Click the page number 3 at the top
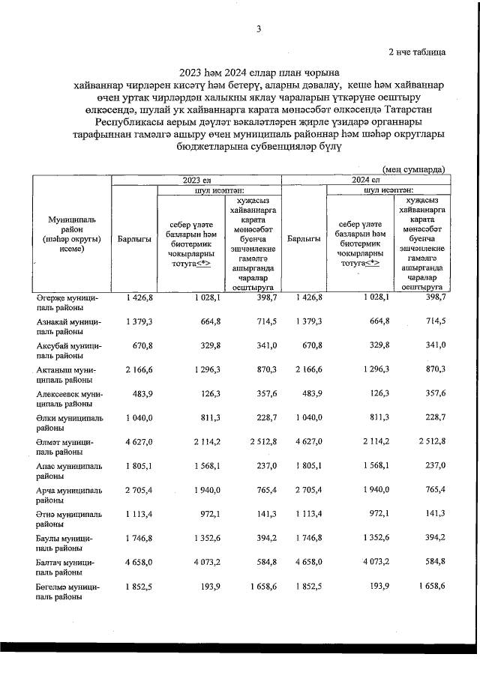tap(259, 29)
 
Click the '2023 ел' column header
tap(196, 180)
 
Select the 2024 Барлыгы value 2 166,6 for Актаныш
tap(307, 370)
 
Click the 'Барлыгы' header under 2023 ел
tap(135, 239)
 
